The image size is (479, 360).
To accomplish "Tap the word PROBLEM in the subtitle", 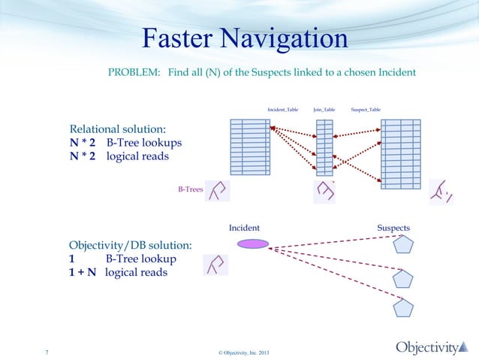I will (133, 72).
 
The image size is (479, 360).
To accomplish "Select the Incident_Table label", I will (282, 110).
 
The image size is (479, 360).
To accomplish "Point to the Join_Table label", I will (324, 110).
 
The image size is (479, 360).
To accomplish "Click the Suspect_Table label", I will (366, 110).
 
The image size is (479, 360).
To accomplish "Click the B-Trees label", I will (190, 190).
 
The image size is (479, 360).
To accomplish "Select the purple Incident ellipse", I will (252, 244).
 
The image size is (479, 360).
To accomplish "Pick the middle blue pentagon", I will (404, 279).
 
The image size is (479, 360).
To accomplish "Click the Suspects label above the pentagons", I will (393, 227).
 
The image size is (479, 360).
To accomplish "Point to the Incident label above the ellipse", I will (244, 227).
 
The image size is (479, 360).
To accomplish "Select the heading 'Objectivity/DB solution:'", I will (130, 246).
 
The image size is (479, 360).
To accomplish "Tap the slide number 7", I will (47, 352).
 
